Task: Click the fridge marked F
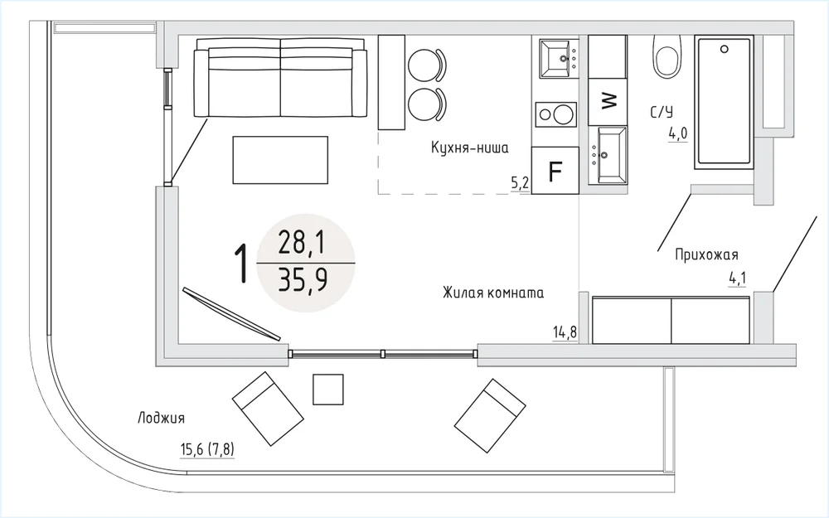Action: click(555, 170)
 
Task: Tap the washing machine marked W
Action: click(608, 101)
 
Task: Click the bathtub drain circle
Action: click(724, 49)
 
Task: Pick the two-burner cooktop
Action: click(555, 114)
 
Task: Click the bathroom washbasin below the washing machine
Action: click(608, 155)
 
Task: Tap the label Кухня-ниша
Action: click(469, 148)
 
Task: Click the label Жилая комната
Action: click(493, 293)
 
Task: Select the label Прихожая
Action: click(706, 254)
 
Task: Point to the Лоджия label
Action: click(162, 419)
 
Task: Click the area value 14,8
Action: click(565, 332)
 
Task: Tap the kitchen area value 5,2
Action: click(520, 183)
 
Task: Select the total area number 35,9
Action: click(303, 280)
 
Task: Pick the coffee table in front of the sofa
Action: click(280, 160)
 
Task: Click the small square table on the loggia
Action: click(327, 390)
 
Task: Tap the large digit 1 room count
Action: click(241, 263)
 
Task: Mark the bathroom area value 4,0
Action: click(678, 133)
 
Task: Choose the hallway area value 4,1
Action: click(738, 278)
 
